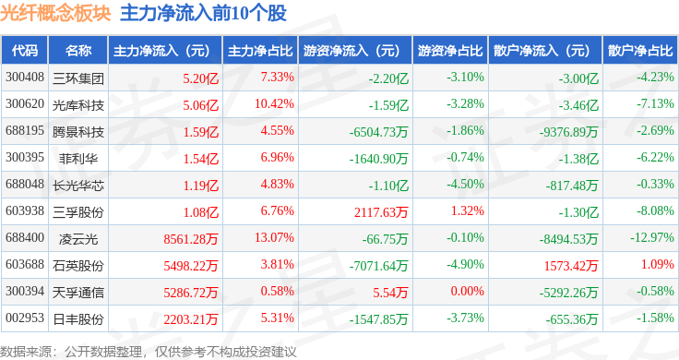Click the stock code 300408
25,78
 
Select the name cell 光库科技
77,105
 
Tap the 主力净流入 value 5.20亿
200,78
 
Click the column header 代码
25,50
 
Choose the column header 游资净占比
450,50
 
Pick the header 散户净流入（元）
544,50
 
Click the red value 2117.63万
381,211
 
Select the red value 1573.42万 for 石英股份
571,266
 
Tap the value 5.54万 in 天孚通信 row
390,293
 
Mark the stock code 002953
25,318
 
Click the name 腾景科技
77,132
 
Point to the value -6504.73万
378,132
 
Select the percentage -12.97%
651,237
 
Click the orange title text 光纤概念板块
55,14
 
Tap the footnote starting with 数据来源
149,352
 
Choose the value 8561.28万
191,239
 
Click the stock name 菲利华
77,159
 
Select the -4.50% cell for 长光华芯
466,184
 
